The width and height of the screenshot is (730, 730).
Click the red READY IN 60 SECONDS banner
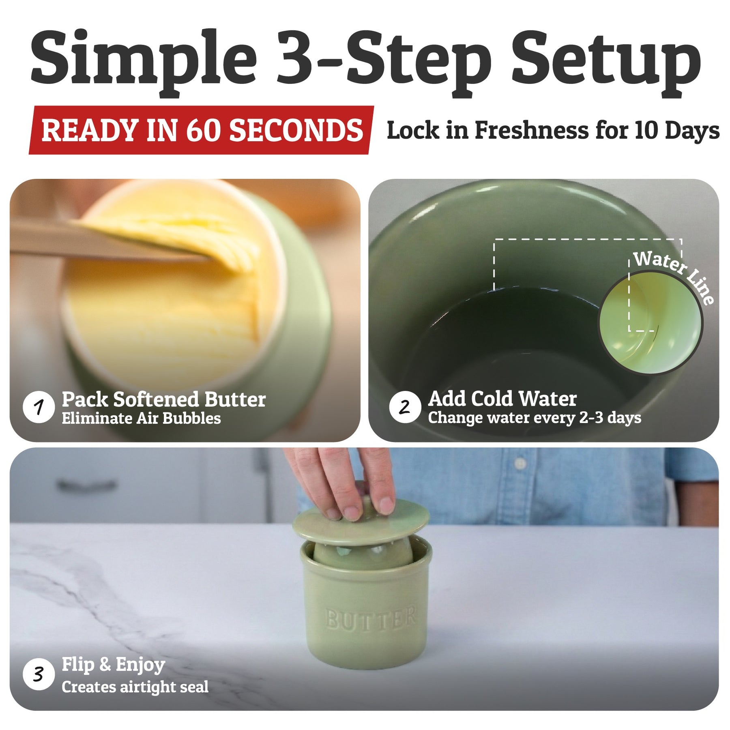click(202, 130)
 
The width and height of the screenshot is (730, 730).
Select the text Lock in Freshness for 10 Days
click(553, 131)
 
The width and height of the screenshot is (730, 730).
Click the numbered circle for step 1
click(39, 407)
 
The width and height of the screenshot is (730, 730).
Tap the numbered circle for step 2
click(405, 407)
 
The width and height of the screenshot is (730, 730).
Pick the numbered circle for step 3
click(39, 674)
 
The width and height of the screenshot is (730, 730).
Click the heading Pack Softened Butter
click(164, 399)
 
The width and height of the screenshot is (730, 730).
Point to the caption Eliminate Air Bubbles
click(141, 419)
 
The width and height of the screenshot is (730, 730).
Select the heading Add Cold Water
click(502, 399)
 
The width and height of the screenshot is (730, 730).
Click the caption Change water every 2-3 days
click(535, 418)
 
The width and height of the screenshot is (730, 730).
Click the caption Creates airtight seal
click(135, 687)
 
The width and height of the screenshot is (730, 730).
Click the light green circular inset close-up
click(651, 323)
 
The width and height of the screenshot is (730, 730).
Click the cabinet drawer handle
click(87, 485)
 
